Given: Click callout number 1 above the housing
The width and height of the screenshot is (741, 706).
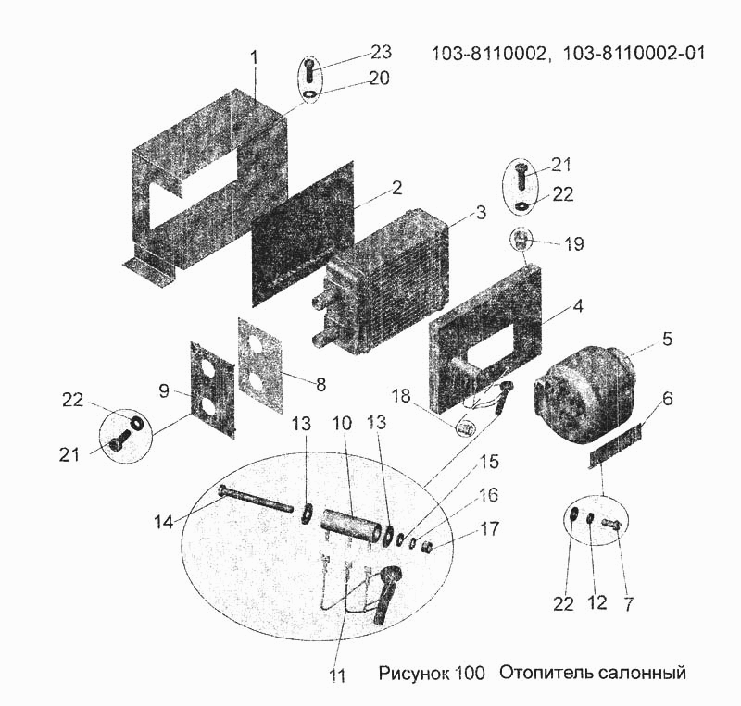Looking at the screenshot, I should [254, 57].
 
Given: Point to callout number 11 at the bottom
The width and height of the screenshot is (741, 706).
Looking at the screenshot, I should [337, 675].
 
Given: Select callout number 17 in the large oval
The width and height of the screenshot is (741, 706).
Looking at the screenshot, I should [490, 529].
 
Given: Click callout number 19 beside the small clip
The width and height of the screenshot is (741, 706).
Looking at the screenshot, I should [574, 244].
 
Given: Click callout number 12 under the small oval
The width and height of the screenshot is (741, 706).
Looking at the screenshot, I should [597, 603].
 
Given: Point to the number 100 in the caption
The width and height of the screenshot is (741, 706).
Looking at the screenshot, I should [470, 673].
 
